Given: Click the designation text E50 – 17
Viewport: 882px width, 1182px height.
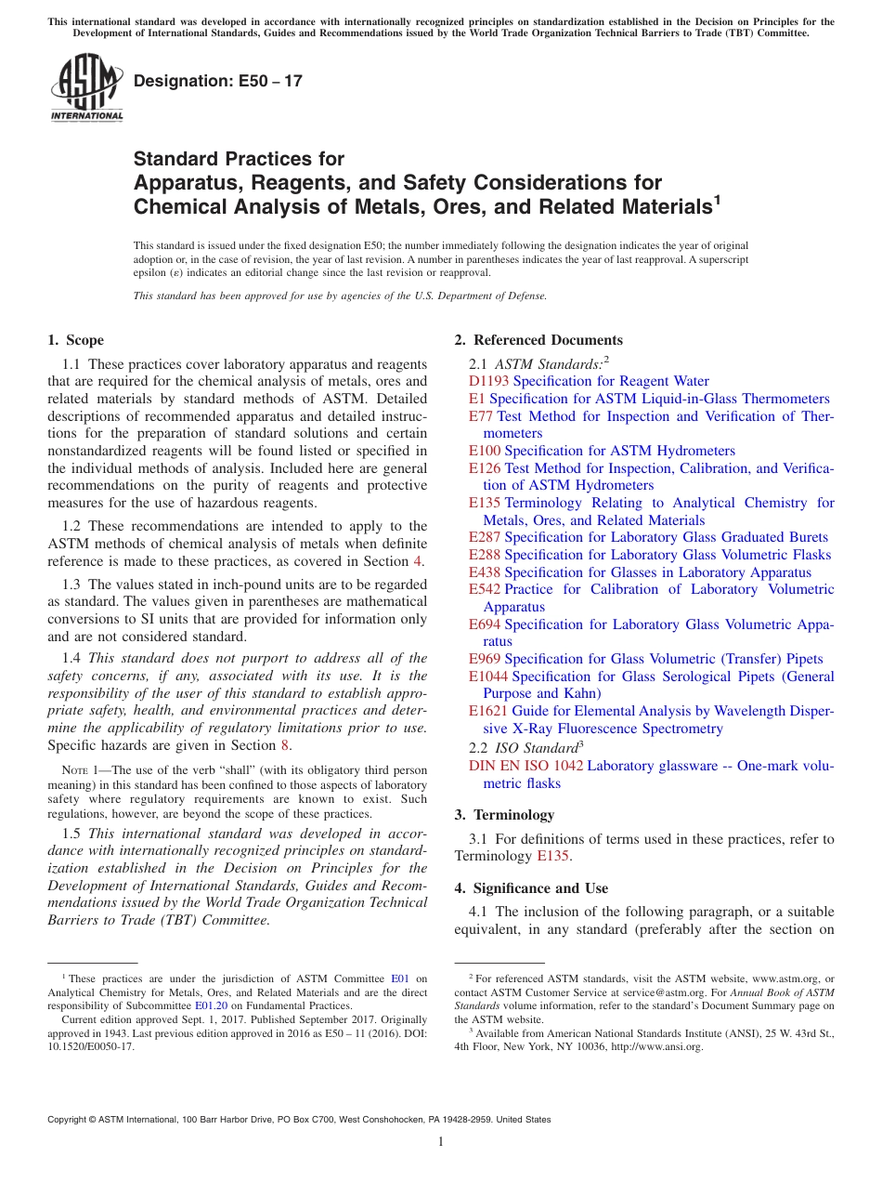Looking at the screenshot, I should click(x=218, y=81).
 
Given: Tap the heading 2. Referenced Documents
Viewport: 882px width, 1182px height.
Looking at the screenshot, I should click(x=538, y=340).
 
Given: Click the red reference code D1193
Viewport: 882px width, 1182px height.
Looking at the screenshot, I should click(x=489, y=381).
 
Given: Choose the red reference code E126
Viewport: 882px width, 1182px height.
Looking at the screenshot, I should click(x=485, y=468).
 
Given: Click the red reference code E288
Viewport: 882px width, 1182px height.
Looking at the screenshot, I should click(x=485, y=555).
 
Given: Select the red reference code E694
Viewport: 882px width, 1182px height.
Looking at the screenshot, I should click(x=485, y=624).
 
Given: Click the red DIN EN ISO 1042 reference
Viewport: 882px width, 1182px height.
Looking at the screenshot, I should click(x=525, y=766).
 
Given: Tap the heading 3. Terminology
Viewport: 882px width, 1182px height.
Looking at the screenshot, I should click(x=504, y=815).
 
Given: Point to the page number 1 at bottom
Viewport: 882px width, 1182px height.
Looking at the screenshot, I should click(x=441, y=1141).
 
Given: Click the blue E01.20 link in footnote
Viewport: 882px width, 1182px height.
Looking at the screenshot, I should click(x=210, y=1005).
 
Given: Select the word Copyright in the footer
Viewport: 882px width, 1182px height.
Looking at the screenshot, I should click(x=71, y=1120).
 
